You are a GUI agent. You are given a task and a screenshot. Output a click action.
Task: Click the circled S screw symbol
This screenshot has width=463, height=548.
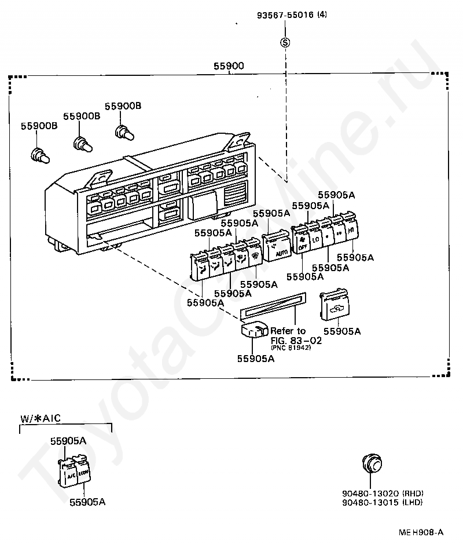coord(285,42)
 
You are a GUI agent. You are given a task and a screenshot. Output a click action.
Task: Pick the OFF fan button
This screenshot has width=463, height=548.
coord(302,242)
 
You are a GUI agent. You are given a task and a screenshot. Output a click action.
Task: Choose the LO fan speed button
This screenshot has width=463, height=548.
coord(315,238)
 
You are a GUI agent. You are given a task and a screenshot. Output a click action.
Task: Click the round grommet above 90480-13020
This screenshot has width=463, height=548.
coord(372,465)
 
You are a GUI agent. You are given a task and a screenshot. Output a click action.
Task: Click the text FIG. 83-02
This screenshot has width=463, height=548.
coord(296,340)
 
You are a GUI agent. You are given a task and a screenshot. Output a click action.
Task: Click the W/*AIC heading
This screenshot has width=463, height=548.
coord(41,418)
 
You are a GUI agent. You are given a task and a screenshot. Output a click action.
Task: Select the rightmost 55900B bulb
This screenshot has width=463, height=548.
coord(123,133)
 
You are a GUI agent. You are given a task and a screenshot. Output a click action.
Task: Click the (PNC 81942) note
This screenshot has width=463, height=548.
coord(291,348)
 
